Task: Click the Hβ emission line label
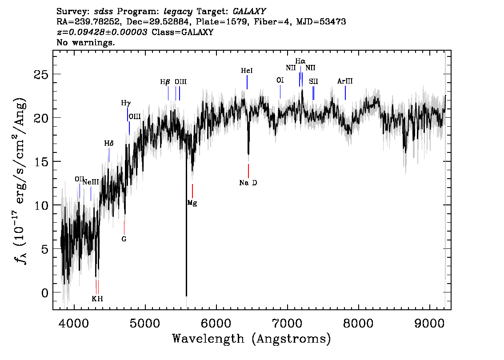coord(165,82)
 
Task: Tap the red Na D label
coord(248,183)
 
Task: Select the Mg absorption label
coord(192,203)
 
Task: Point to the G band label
coord(124,239)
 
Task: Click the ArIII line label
coord(345,81)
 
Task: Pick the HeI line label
coord(247,71)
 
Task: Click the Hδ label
coord(108,144)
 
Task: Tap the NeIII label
coord(91,182)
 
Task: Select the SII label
coord(313,82)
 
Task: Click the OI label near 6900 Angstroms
coord(280,80)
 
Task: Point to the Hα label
coord(300,61)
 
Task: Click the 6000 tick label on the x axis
coord(216,324)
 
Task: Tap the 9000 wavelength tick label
coord(429,324)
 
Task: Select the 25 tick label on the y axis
coord(41,75)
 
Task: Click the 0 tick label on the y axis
coord(45,293)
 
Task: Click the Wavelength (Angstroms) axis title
coord(252,339)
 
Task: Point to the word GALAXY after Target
coord(249,12)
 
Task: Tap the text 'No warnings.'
coord(85,42)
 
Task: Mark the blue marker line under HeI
coord(247,82)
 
